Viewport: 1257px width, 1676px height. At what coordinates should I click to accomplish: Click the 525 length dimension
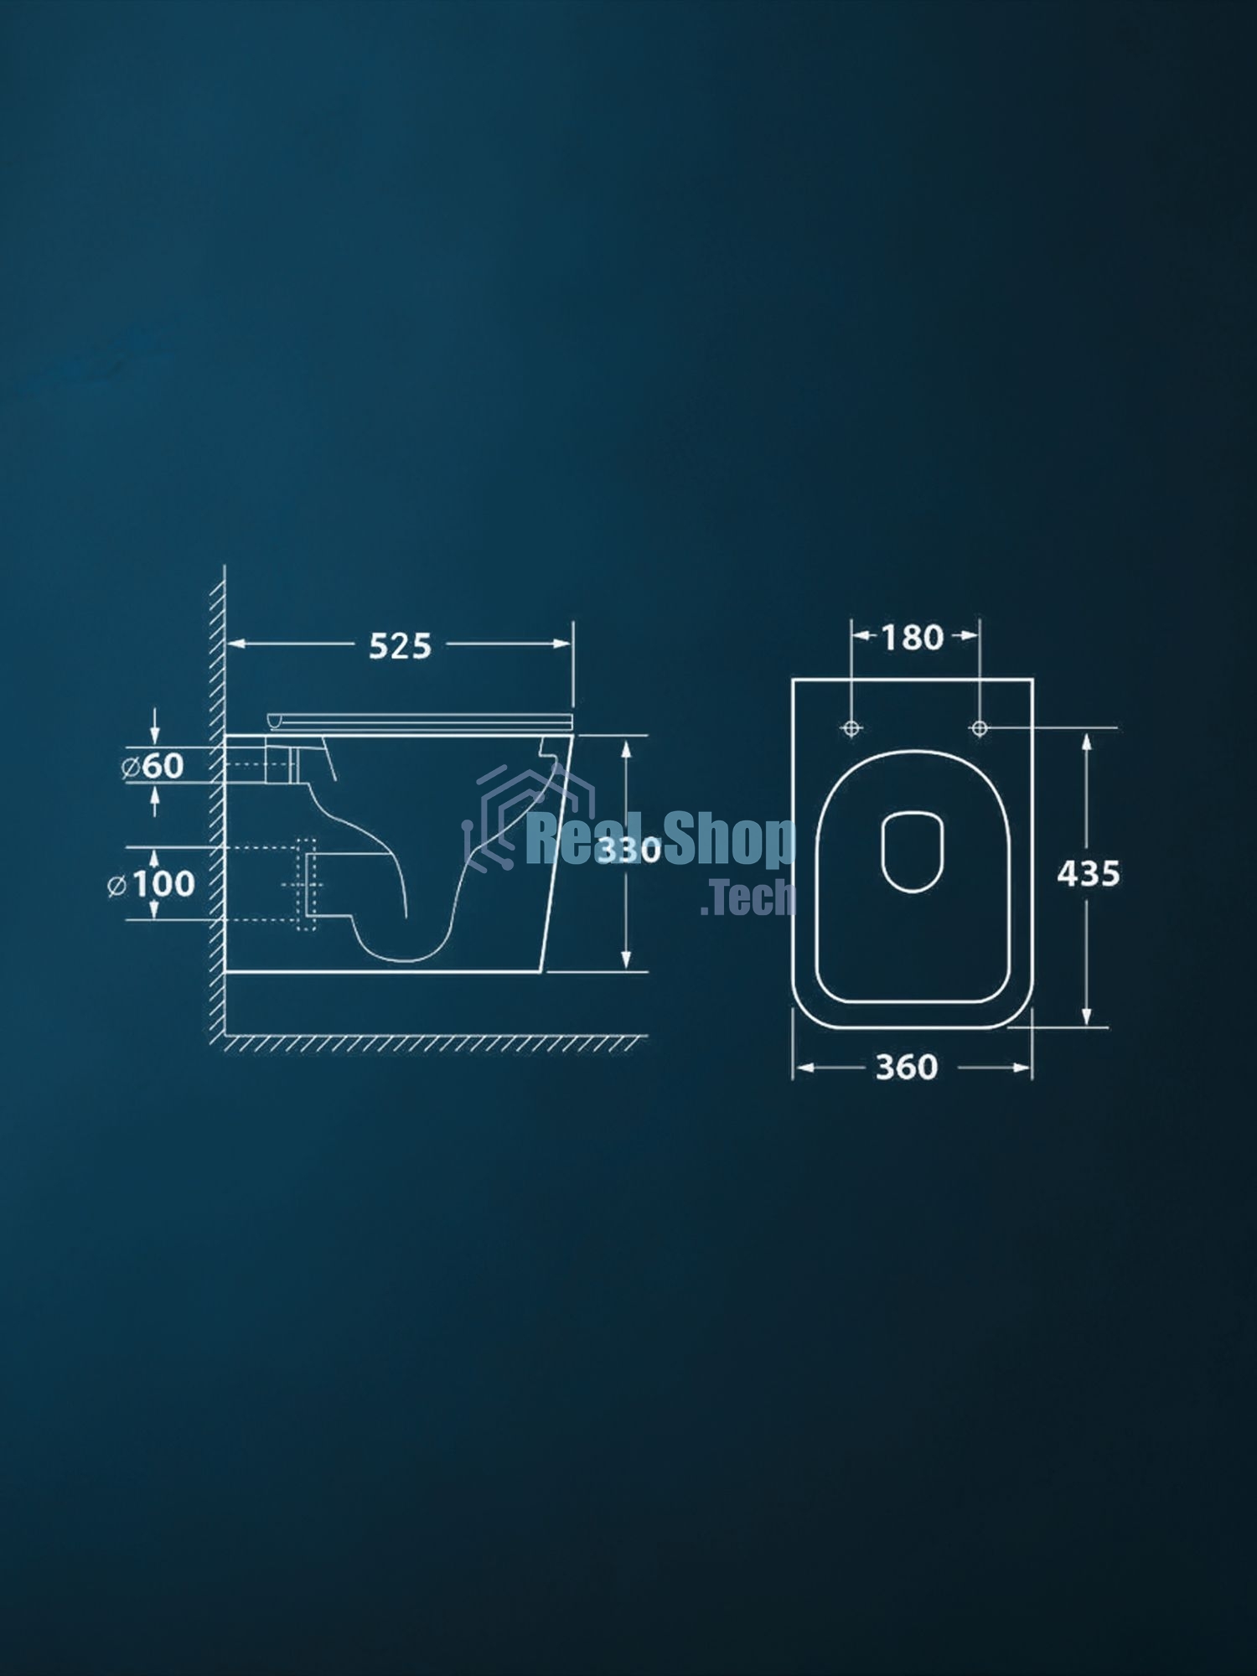coord(401,645)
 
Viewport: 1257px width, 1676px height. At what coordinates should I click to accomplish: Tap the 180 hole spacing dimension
coord(913,638)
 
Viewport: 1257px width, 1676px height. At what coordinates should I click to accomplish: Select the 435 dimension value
coord(1088,874)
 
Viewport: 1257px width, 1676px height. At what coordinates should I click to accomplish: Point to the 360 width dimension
coord(907,1068)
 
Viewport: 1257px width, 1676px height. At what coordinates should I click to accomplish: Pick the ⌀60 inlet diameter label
coord(153,766)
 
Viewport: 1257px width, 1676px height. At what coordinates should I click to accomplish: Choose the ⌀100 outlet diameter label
coord(152,884)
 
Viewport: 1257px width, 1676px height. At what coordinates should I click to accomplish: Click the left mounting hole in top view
coord(851,729)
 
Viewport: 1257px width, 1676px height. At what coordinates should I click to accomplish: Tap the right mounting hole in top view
coord(979,729)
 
